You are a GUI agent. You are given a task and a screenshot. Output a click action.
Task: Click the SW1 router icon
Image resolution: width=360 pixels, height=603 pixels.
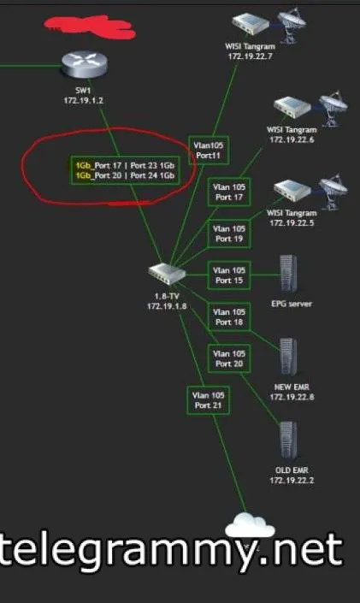tap(85, 64)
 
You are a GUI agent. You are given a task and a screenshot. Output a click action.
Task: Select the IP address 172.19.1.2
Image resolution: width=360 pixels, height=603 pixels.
tap(84, 101)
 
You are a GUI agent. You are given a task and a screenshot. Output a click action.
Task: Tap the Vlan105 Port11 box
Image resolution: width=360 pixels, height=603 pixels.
tap(209, 150)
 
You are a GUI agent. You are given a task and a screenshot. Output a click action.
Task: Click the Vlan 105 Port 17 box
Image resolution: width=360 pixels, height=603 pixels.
tap(229, 192)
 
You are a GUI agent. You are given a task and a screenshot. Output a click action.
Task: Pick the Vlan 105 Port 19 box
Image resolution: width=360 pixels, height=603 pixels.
tap(229, 234)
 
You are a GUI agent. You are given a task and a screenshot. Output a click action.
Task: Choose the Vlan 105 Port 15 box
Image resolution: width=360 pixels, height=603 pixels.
tap(229, 275)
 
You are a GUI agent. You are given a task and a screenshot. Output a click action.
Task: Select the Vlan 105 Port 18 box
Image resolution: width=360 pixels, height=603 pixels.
tap(229, 316)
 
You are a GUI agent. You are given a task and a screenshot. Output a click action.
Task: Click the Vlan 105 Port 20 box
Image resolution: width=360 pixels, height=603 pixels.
tap(229, 358)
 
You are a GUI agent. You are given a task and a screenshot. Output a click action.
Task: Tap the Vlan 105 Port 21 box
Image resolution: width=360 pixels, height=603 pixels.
tap(208, 400)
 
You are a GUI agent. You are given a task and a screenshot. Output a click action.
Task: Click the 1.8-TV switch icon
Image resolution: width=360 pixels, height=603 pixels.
tap(168, 274)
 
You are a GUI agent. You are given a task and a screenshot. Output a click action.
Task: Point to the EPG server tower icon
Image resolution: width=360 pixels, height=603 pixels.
tap(288, 274)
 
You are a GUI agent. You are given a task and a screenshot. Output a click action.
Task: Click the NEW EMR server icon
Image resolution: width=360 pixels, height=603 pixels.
tap(288, 357)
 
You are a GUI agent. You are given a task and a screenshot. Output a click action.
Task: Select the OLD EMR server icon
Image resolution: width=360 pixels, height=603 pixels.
tap(288, 440)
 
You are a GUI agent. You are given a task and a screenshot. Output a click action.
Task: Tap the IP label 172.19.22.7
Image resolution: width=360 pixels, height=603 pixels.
tap(251, 56)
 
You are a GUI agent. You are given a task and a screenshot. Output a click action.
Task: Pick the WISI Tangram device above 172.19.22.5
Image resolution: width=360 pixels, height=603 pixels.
tap(292, 191)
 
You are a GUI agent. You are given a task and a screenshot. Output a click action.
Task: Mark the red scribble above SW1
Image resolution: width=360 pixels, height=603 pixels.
tap(89, 27)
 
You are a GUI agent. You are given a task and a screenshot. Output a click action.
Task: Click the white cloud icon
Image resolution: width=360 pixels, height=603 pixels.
tap(250, 525)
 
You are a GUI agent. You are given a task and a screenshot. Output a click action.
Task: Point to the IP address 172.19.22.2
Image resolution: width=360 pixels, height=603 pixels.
tap(292, 481)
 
